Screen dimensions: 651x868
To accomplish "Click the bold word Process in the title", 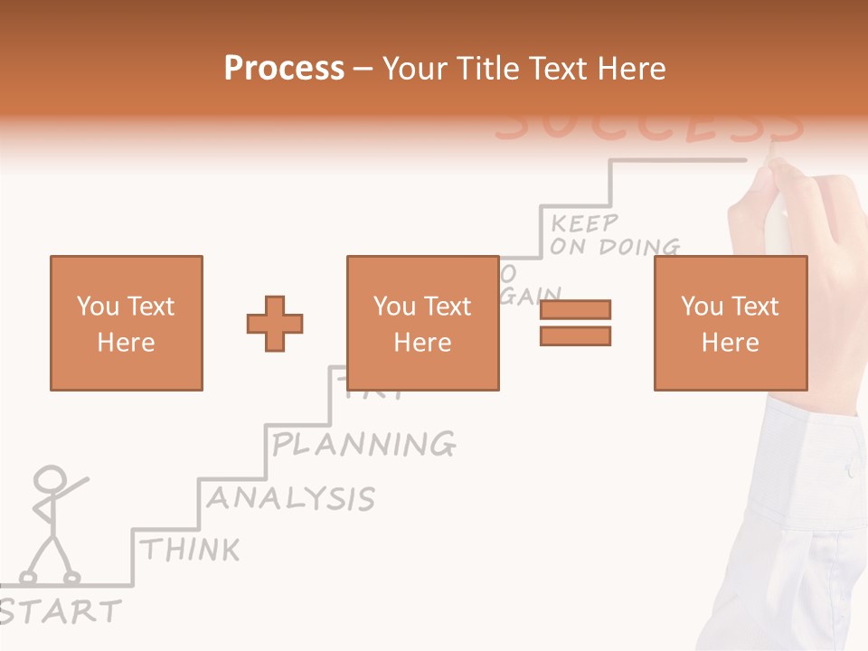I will (284, 69).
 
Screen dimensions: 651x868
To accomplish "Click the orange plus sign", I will (275, 323).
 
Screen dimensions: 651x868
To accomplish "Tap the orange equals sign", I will (575, 323).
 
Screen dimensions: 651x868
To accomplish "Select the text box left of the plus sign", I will (126, 323).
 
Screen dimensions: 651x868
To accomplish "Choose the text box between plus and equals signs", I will (422, 323).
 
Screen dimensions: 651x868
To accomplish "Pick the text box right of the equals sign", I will (730, 323).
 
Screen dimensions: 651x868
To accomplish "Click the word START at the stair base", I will (60, 611).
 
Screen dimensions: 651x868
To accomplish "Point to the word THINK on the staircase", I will (191, 550).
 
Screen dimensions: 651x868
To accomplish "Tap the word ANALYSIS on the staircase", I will (290, 498).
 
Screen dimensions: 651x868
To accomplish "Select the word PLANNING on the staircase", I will (363, 444).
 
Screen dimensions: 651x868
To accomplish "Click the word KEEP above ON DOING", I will (584, 223).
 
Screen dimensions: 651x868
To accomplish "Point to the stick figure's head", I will (50, 479).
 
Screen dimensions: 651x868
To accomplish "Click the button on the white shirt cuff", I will (849, 471).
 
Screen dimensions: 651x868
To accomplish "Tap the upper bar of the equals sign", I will (575, 309).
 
